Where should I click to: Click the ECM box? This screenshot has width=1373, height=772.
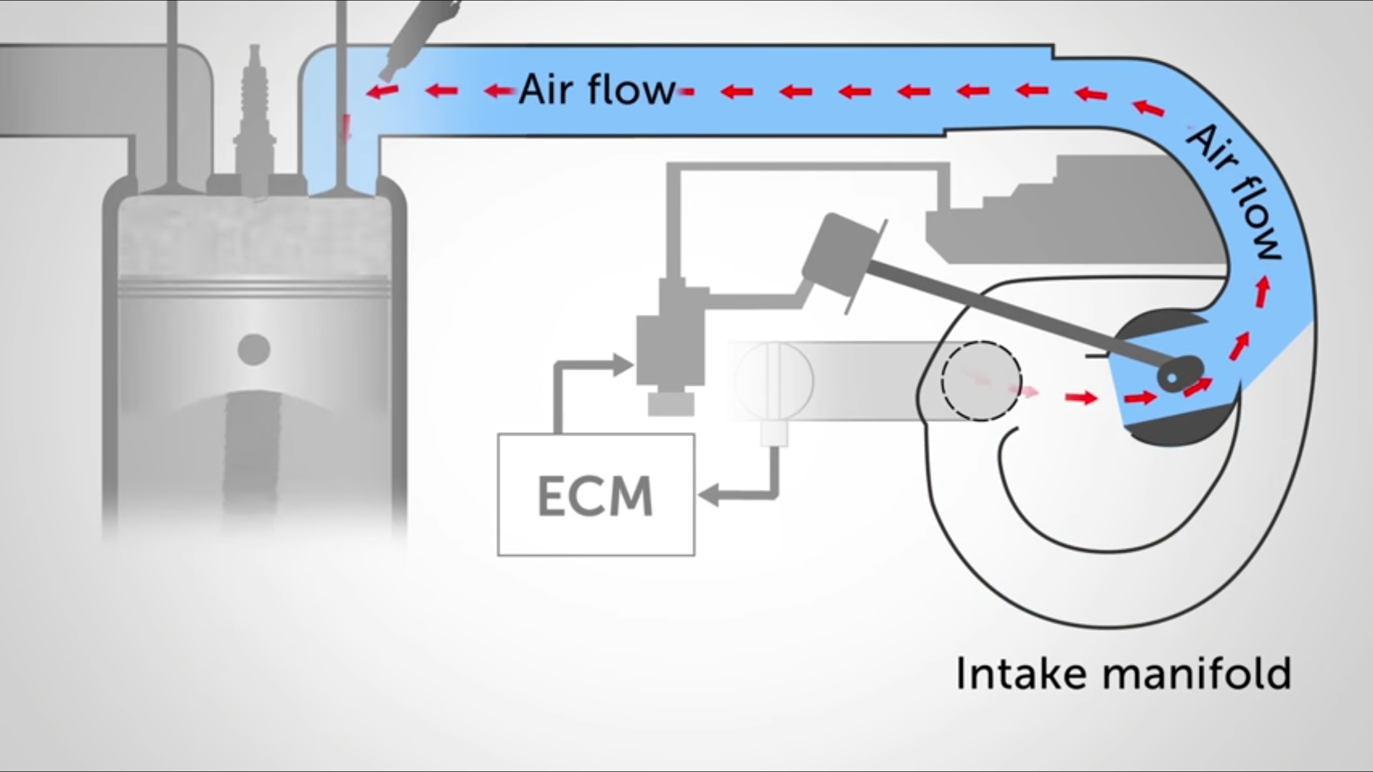pyautogui.click(x=596, y=495)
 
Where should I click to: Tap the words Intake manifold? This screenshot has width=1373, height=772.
pyautogui.click(x=1124, y=673)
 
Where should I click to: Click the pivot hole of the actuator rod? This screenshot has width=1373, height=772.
pyautogui.click(x=1172, y=378)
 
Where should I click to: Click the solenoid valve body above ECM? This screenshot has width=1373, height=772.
pyautogui.click(x=670, y=332)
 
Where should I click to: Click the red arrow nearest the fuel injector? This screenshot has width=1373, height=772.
pyautogui.click(x=382, y=92)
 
